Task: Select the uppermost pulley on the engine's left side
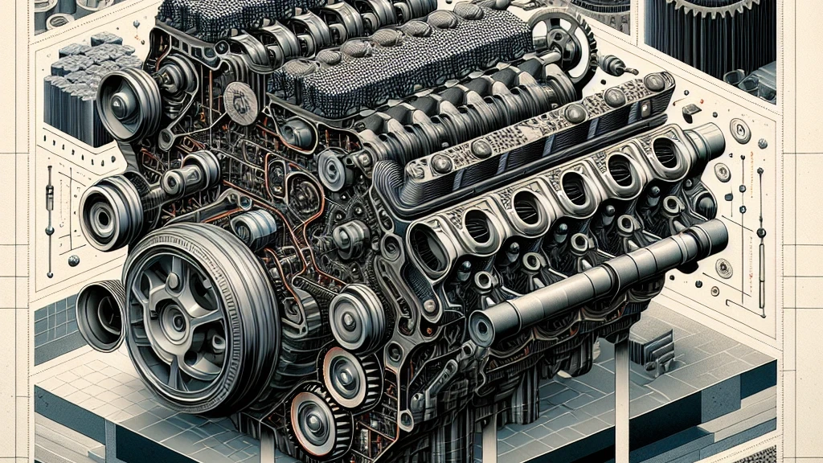(x=129, y=104)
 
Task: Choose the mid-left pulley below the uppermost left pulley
(x=109, y=212)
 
